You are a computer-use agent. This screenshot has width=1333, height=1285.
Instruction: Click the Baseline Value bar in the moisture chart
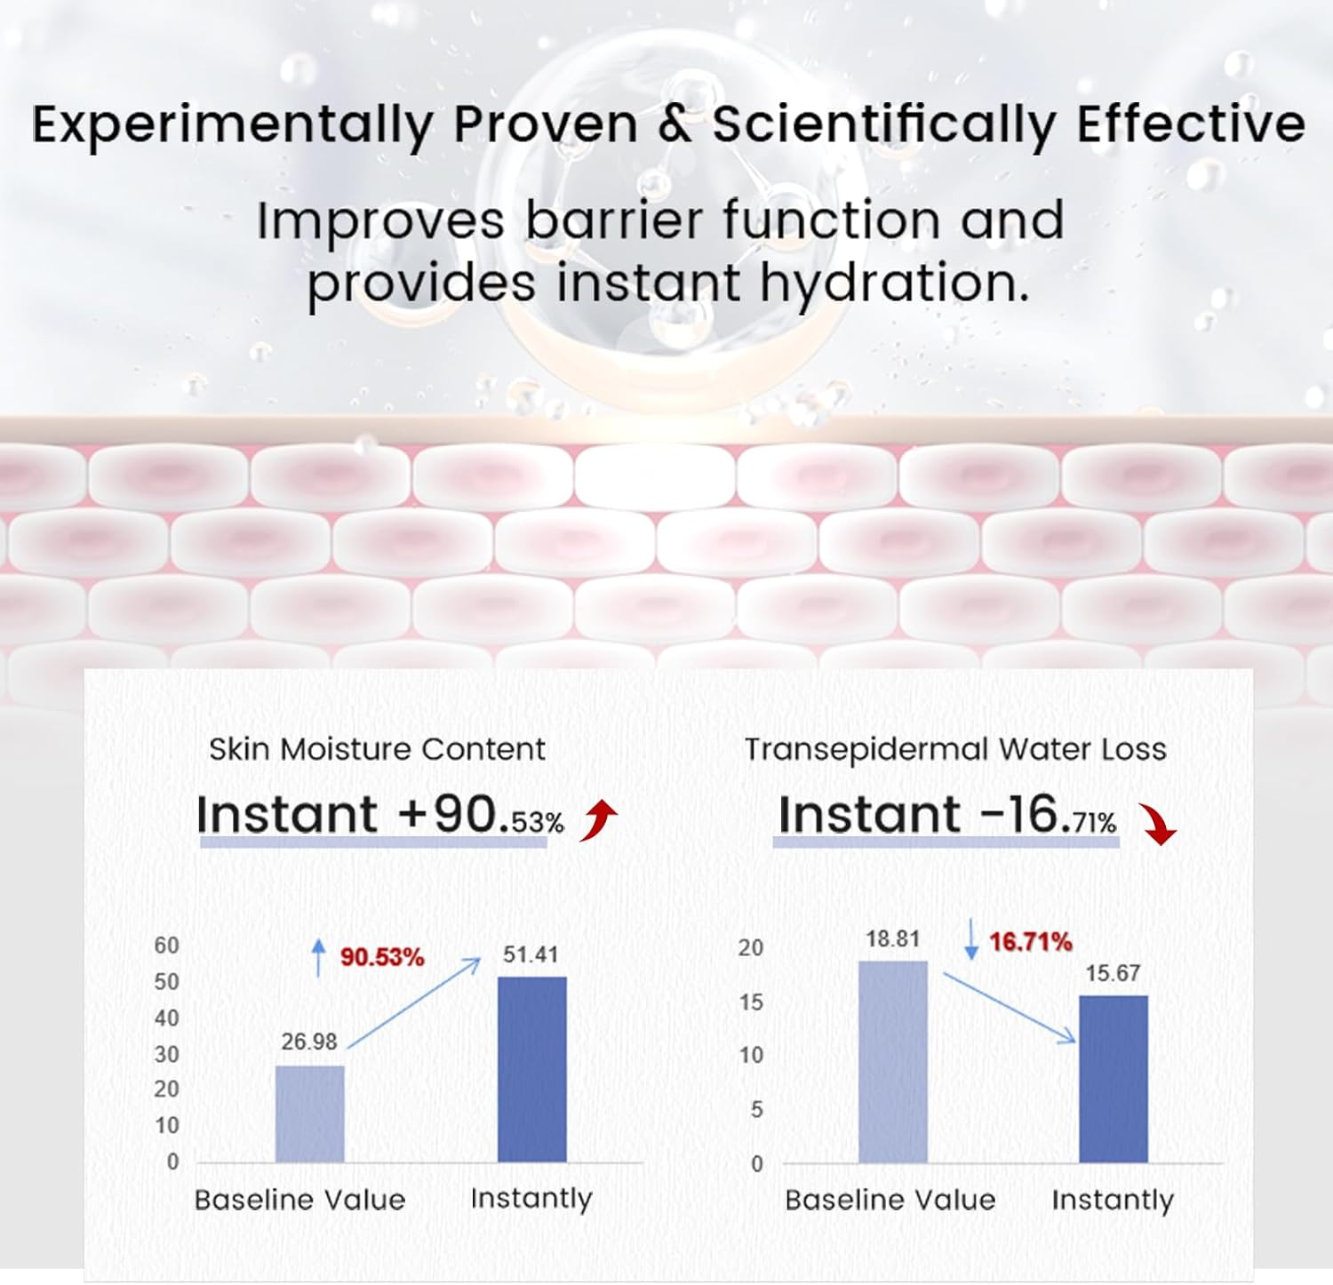[x=310, y=1113]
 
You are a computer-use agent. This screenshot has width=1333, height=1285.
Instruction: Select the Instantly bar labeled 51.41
[x=532, y=1069]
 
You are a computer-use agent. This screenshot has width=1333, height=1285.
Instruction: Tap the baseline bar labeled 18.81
[x=893, y=1062]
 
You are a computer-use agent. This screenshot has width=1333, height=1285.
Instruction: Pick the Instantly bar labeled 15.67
[x=1113, y=1079]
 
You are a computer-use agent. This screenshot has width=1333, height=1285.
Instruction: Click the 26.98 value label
[x=309, y=1042]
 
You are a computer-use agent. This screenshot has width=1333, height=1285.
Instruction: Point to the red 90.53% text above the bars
[x=382, y=957]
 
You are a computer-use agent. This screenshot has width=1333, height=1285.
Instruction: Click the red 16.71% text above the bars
[x=1031, y=941]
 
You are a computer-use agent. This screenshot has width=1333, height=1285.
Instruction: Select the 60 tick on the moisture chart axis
[x=167, y=945]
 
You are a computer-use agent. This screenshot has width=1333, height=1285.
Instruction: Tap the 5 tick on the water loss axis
[x=757, y=1109]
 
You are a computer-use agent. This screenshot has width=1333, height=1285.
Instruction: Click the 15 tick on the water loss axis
[x=751, y=1002]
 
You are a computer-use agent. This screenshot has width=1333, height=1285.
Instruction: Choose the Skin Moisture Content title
[x=377, y=749]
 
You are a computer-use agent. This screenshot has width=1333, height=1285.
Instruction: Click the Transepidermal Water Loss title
[x=955, y=750]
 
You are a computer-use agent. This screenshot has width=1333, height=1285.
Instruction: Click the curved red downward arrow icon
[x=1159, y=825]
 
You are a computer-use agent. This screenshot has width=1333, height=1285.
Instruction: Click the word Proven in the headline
[x=546, y=124]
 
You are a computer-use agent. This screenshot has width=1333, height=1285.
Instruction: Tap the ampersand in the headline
[x=675, y=124]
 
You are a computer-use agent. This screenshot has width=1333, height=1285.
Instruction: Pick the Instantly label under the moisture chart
[x=531, y=1199]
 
